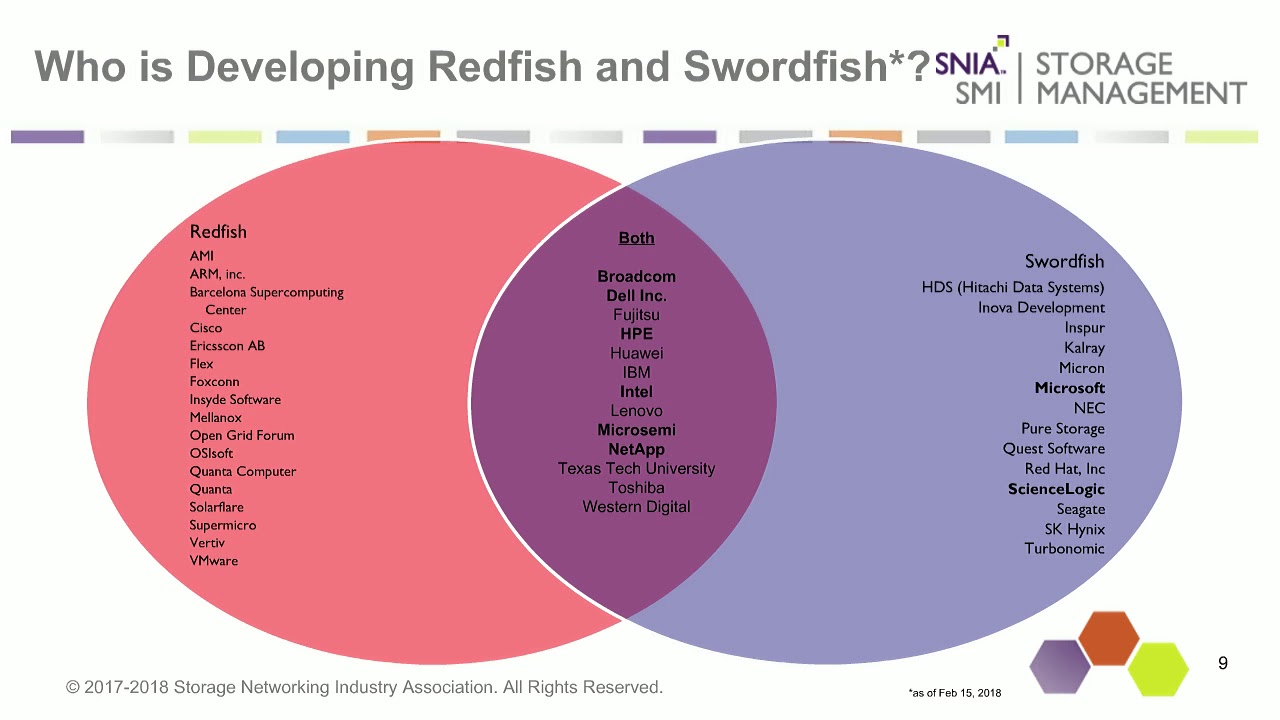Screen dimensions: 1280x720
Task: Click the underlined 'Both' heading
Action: coord(636,238)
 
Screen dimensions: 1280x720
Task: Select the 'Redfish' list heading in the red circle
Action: coord(218,232)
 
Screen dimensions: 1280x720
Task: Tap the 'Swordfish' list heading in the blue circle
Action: coord(1064,262)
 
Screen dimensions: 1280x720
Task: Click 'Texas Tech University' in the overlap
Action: coord(636,469)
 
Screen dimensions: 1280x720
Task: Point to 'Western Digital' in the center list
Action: coord(636,507)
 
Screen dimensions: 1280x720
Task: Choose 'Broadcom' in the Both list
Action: coord(636,277)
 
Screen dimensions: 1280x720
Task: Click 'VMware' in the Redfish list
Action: coord(214,561)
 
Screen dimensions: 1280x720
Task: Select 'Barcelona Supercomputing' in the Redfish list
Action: coord(266,293)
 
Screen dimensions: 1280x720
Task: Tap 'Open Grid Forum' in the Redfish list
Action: coord(242,436)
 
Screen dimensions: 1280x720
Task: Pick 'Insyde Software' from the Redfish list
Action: coord(235,400)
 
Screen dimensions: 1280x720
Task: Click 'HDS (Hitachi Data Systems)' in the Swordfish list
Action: coord(1013,288)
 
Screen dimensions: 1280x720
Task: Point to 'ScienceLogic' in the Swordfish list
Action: coord(1056,489)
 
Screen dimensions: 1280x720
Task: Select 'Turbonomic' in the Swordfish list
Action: coord(1064,549)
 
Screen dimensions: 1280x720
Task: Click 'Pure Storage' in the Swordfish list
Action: coord(1062,429)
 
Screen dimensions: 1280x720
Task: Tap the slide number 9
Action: coord(1222,664)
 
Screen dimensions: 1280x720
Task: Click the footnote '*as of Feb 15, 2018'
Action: coord(954,693)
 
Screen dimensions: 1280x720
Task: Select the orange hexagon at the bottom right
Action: coord(1109,637)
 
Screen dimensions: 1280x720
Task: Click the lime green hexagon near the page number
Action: coord(1158,669)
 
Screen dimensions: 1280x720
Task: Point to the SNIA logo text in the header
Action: coord(970,64)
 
